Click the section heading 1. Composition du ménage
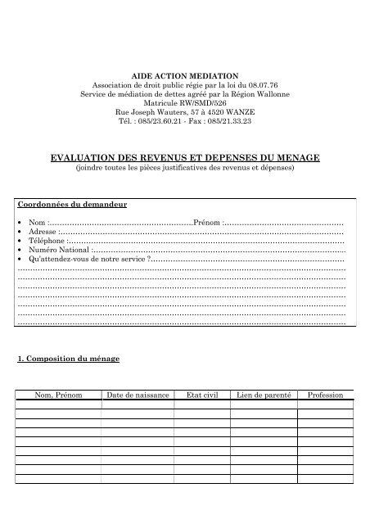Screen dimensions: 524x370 69,359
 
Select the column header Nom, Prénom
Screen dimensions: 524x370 59,395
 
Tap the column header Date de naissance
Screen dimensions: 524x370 138,395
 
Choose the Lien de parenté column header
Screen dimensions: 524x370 262,395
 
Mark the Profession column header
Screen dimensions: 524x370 325,395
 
